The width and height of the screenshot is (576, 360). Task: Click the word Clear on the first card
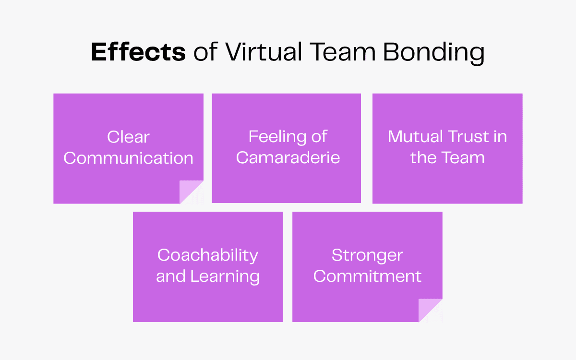coord(128,137)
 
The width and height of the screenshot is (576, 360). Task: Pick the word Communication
coord(128,158)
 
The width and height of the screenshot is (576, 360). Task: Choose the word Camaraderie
coord(288,158)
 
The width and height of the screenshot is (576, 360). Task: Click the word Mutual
coord(415,137)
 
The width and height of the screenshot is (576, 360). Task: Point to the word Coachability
coord(208,255)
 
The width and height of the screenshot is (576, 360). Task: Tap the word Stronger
coord(367,255)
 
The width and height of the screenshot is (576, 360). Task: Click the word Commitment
coord(367,276)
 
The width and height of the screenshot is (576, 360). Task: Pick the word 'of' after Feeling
coord(319,137)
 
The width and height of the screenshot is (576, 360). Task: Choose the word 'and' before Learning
coord(171,276)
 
